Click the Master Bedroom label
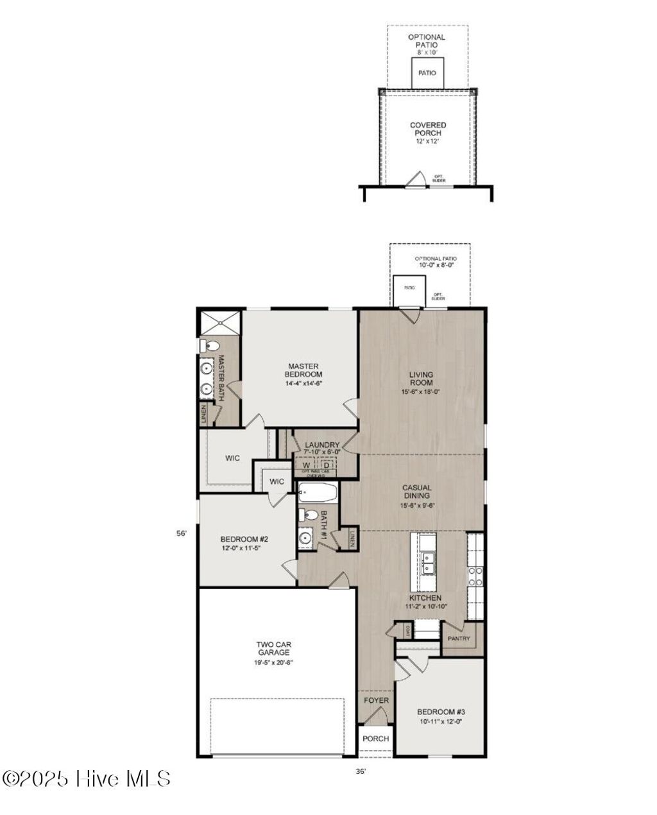(303, 370)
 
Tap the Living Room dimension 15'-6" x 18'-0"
(422, 391)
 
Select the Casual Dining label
(416, 492)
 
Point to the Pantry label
(459, 639)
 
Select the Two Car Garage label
(274, 648)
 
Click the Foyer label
(376, 700)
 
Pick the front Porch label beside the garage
(376, 739)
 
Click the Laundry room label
(322, 445)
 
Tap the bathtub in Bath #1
(318, 493)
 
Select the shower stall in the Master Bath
(219, 322)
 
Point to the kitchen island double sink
(429, 563)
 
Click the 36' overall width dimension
(361, 772)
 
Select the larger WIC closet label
(232, 458)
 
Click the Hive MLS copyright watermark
(87, 779)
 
